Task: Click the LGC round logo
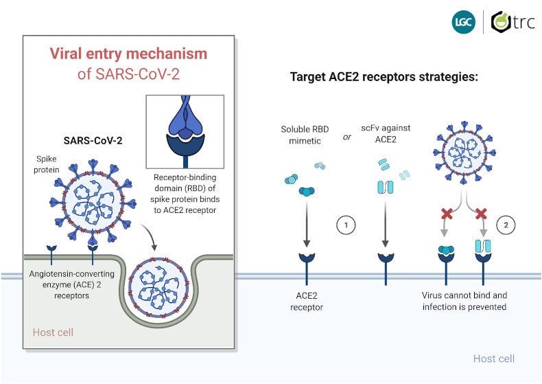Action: [463, 22]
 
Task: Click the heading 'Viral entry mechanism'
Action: [128, 54]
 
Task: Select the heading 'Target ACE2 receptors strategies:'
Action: [384, 77]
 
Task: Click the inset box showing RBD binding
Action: [185, 131]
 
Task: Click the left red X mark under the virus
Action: [447, 214]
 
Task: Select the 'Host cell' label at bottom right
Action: [493, 359]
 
